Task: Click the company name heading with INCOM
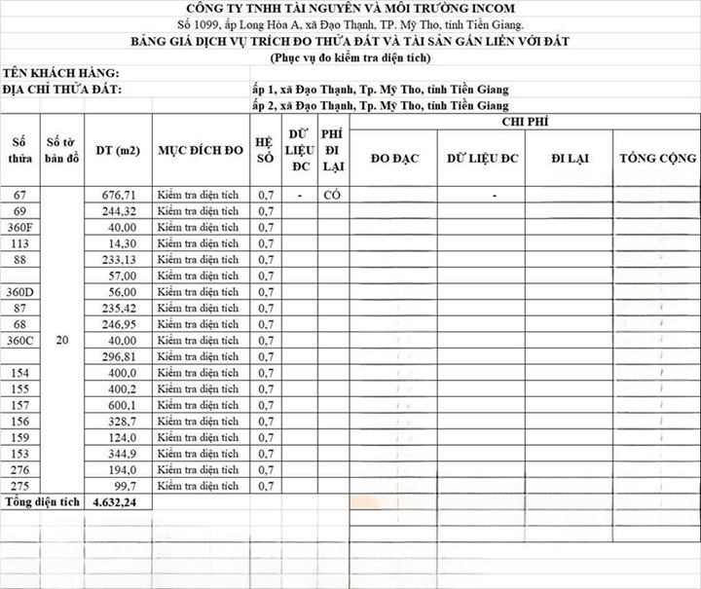350,9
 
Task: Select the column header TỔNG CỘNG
657,159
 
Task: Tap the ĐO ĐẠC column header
394,159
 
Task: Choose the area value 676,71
118,195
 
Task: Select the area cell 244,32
118,211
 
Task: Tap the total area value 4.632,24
116,503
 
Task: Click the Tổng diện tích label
42,503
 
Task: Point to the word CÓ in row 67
331,195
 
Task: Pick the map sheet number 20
61,341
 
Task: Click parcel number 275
19,486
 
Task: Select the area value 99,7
121,486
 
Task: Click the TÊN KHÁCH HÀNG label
60,73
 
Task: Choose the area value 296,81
118,356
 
